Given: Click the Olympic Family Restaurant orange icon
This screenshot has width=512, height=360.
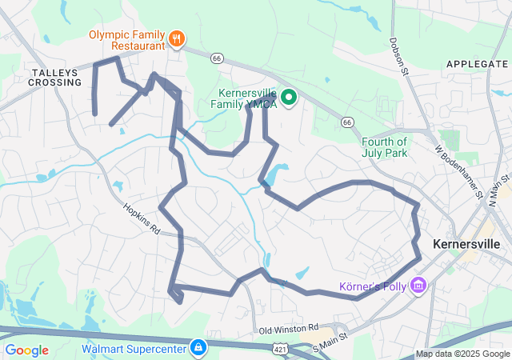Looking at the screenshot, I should point(177,38).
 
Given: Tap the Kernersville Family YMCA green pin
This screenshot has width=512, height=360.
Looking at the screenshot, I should point(288,98).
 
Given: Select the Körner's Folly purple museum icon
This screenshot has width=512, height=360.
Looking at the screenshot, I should point(418,286).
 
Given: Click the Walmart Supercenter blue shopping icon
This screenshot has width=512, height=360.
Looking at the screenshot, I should point(198,348).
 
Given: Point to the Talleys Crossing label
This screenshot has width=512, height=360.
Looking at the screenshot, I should point(55,77).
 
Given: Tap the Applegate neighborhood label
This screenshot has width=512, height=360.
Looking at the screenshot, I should point(477,63).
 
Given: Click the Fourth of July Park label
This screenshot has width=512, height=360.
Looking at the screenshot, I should point(378,147).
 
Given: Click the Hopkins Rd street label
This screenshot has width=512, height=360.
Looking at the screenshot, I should point(142,218).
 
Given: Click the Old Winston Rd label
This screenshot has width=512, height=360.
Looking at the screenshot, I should point(289,328).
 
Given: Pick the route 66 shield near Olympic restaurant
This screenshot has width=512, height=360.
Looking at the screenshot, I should point(216,58).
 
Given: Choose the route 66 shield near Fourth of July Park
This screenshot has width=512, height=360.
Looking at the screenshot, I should point(346,122).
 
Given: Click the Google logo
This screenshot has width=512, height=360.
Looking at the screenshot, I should point(26,350).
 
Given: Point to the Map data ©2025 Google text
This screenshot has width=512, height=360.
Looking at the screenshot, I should point(462,354).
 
